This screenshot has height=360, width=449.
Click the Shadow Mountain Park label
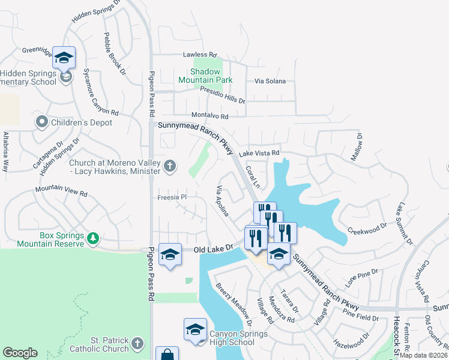[x=205, y=76]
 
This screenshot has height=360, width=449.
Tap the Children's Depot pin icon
[x=41, y=122]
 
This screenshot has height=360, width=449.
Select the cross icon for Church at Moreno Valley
[x=170, y=166]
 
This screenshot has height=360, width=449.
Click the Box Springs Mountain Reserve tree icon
[x=93, y=239]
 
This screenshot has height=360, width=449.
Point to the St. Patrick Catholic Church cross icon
[x=137, y=344]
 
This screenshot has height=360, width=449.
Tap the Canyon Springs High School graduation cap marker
[x=195, y=329]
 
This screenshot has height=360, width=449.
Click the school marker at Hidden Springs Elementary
[x=64, y=58]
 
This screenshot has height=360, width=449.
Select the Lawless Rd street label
[x=199, y=55]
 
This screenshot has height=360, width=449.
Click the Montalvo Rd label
[x=209, y=116]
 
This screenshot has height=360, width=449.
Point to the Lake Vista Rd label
[x=259, y=154]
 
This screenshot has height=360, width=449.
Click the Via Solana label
[x=270, y=80]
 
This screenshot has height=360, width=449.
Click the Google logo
[x=20, y=353]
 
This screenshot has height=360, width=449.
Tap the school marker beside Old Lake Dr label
[x=170, y=255]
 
